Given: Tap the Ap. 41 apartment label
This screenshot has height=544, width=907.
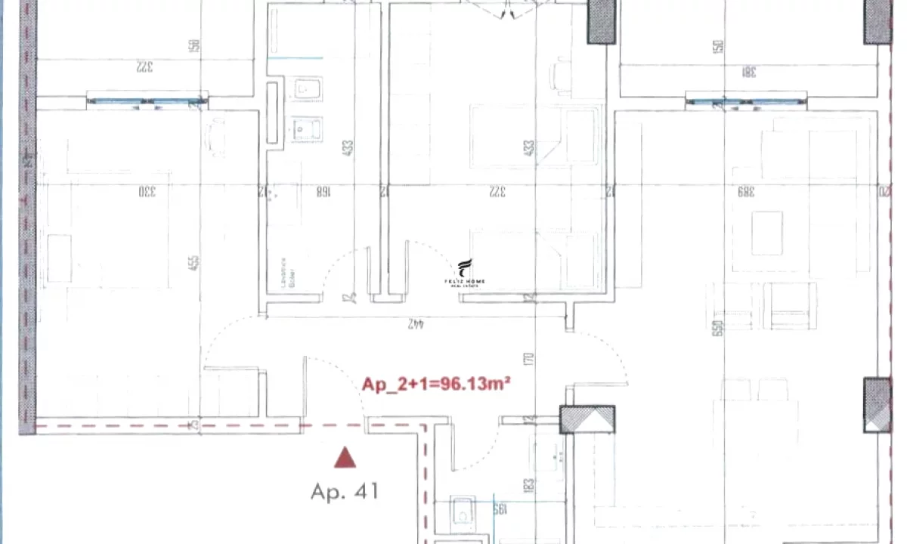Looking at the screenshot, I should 344,492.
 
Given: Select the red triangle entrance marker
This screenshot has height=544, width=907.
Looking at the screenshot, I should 345,457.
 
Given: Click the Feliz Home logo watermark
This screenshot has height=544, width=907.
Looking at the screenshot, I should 465,272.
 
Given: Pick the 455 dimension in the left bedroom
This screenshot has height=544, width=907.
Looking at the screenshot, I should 194,262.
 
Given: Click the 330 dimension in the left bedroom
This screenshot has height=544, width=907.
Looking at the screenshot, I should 146,191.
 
